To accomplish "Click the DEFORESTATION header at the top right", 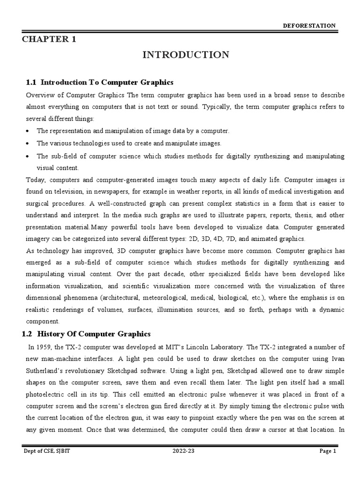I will tap(308, 26).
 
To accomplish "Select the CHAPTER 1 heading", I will tap(49, 39).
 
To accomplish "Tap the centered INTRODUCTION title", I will tap(186, 55).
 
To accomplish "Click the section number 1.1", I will tap(31, 82).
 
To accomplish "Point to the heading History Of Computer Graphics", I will tap(94, 334).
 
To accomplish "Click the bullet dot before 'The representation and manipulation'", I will tap(30, 131).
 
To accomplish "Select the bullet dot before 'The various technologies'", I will tap(30, 143).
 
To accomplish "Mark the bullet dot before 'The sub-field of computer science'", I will tap(30, 156).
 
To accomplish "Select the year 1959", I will tap(44, 347).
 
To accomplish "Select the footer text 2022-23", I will tap(180, 465).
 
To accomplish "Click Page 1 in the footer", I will tap(328, 465).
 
